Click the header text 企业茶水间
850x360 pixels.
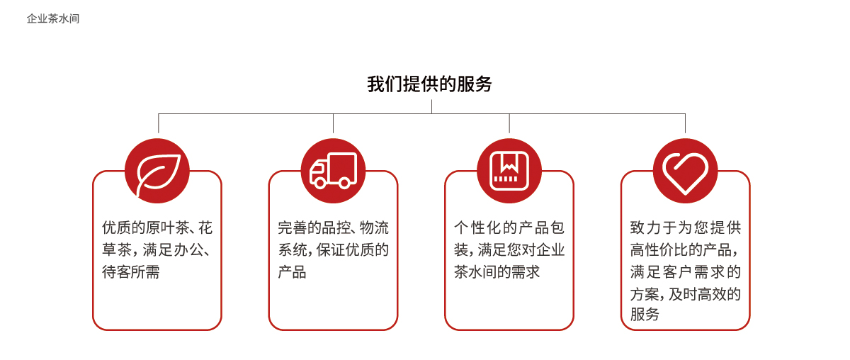[x=53, y=18]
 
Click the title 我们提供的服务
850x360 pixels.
[x=429, y=84]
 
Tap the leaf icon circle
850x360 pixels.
[x=157, y=171]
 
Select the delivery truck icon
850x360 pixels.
[x=333, y=171]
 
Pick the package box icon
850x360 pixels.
[x=509, y=171]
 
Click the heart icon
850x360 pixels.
[x=686, y=174]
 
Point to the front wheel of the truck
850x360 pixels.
[x=320, y=184]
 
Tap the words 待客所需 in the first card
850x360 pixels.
[x=131, y=272]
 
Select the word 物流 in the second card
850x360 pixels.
[x=374, y=228]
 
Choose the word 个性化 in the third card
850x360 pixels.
[x=478, y=228]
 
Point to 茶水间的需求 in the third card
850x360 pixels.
[x=497, y=272]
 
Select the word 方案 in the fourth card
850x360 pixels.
[x=645, y=294]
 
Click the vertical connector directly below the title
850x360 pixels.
[x=431, y=107]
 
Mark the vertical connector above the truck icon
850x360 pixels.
[x=333, y=123]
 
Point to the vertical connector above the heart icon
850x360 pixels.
[x=686, y=123]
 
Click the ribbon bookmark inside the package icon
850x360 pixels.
[x=509, y=162]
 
